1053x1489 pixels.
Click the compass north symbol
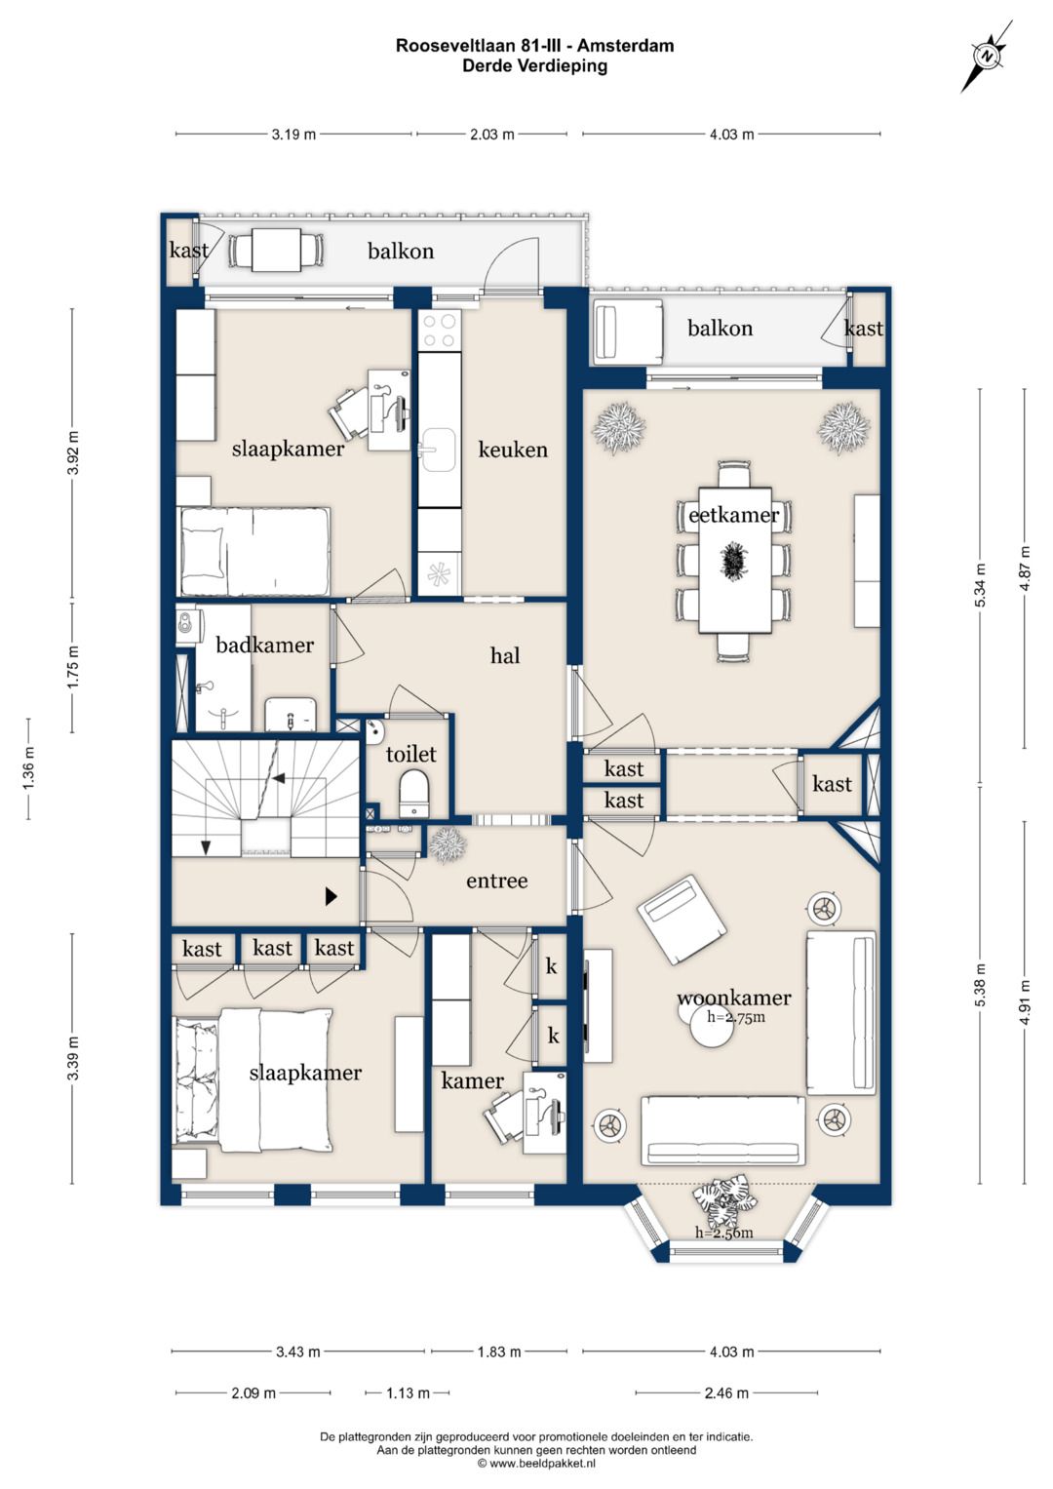988,57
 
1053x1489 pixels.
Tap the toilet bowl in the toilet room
414,792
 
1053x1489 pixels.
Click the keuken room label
513,451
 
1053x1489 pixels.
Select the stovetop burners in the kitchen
440,331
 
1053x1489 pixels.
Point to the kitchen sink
438,451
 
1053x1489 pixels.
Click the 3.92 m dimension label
73,452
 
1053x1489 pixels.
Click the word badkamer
264,645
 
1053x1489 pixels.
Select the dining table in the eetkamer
734,561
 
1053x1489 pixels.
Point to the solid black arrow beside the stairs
331,897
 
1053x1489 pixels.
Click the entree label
497,882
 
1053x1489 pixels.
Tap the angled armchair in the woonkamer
682,919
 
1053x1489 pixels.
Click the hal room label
505,656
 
